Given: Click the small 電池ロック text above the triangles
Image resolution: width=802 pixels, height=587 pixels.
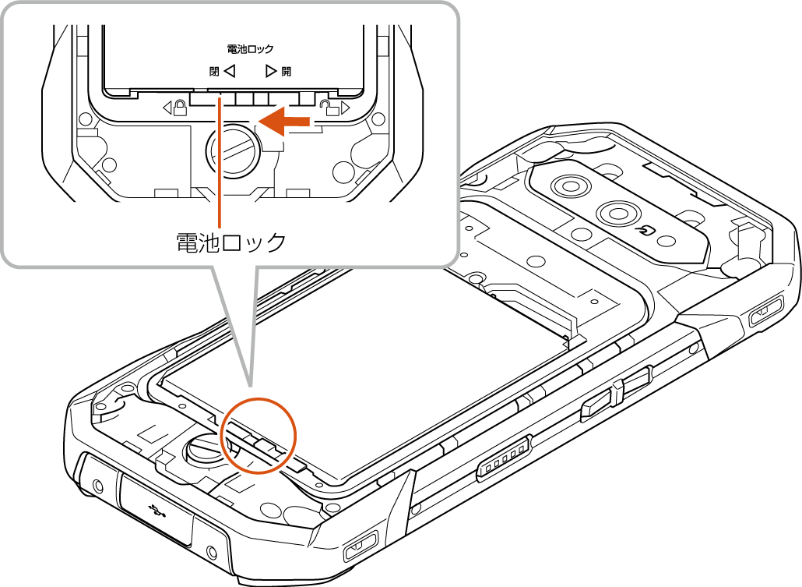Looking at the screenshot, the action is point(250,49).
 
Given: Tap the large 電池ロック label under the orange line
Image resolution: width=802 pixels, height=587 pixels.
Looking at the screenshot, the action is point(230,242).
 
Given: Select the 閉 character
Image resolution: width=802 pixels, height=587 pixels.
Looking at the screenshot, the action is point(214,71).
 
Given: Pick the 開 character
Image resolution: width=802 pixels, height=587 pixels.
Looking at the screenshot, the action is point(286,71).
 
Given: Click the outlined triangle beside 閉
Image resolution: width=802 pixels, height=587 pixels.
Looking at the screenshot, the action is point(230,71).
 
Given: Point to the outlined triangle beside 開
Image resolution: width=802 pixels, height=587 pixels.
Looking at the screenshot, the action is point(271,71).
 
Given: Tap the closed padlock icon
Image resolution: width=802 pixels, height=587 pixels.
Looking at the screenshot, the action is point(180,108).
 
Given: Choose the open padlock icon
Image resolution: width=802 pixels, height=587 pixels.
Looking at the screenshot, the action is point(329,108).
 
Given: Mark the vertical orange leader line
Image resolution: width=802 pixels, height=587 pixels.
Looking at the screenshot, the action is point(220,161).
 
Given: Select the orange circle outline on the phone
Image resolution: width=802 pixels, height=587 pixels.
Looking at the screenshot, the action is point(259,436).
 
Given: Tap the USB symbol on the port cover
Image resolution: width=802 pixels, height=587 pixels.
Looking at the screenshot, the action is point(154,508).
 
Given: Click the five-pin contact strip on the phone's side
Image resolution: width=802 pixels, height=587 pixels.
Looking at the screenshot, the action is point(504,458).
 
